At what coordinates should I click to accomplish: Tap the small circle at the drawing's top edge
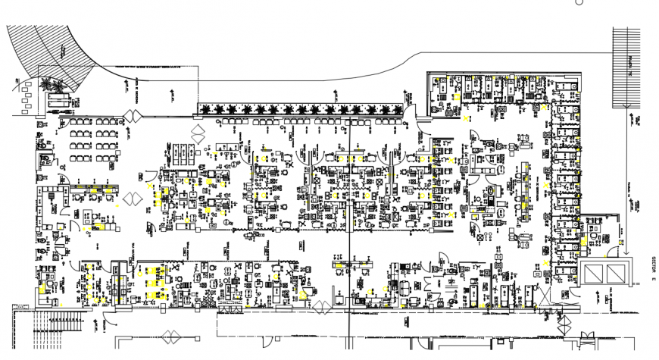click(579, 2)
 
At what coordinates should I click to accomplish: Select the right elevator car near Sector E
click(617, 272)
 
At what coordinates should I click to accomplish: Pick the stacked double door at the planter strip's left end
click(199, 133)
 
